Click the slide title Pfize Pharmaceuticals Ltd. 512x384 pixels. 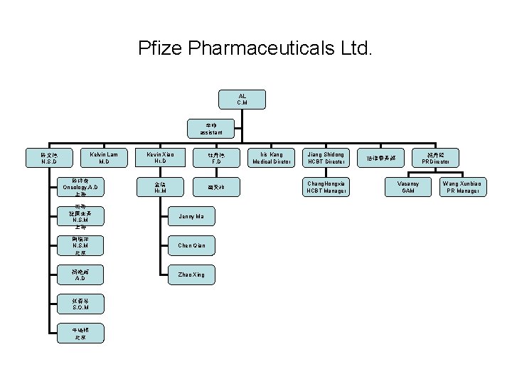click(x=255, y=49)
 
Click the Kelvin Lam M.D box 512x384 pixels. click(x=104, y=157)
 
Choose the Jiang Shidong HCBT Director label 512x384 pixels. click(x=326, y=157)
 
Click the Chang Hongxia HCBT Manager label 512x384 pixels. click(x=326, y=186)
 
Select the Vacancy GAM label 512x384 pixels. click(x=408, y=186)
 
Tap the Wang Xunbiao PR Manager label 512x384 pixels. click(x=463, y=186)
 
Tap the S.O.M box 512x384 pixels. click(x=80, y=304)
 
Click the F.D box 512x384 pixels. click(x=216, y=157)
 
